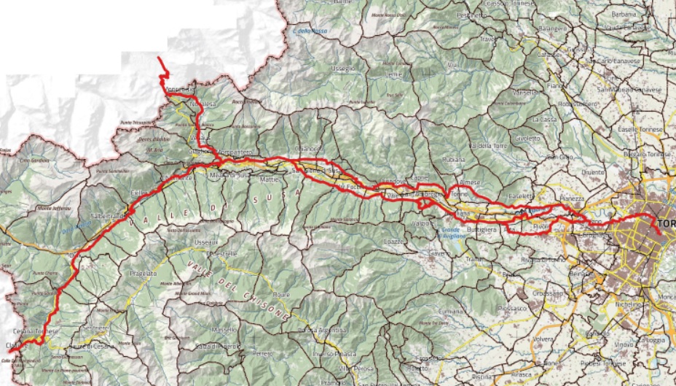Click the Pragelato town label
coord(145,273)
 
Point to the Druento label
coord(592,172)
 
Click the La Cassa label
coord(543,119)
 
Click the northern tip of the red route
coord(160,55)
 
